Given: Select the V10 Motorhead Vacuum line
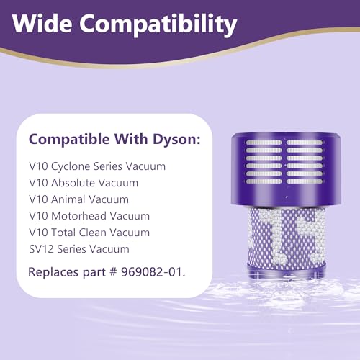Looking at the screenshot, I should click(x=94, y=216).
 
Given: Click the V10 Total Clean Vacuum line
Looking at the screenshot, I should click(x=94, y=233).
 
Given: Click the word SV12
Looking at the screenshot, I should click(x=40, y=249).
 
